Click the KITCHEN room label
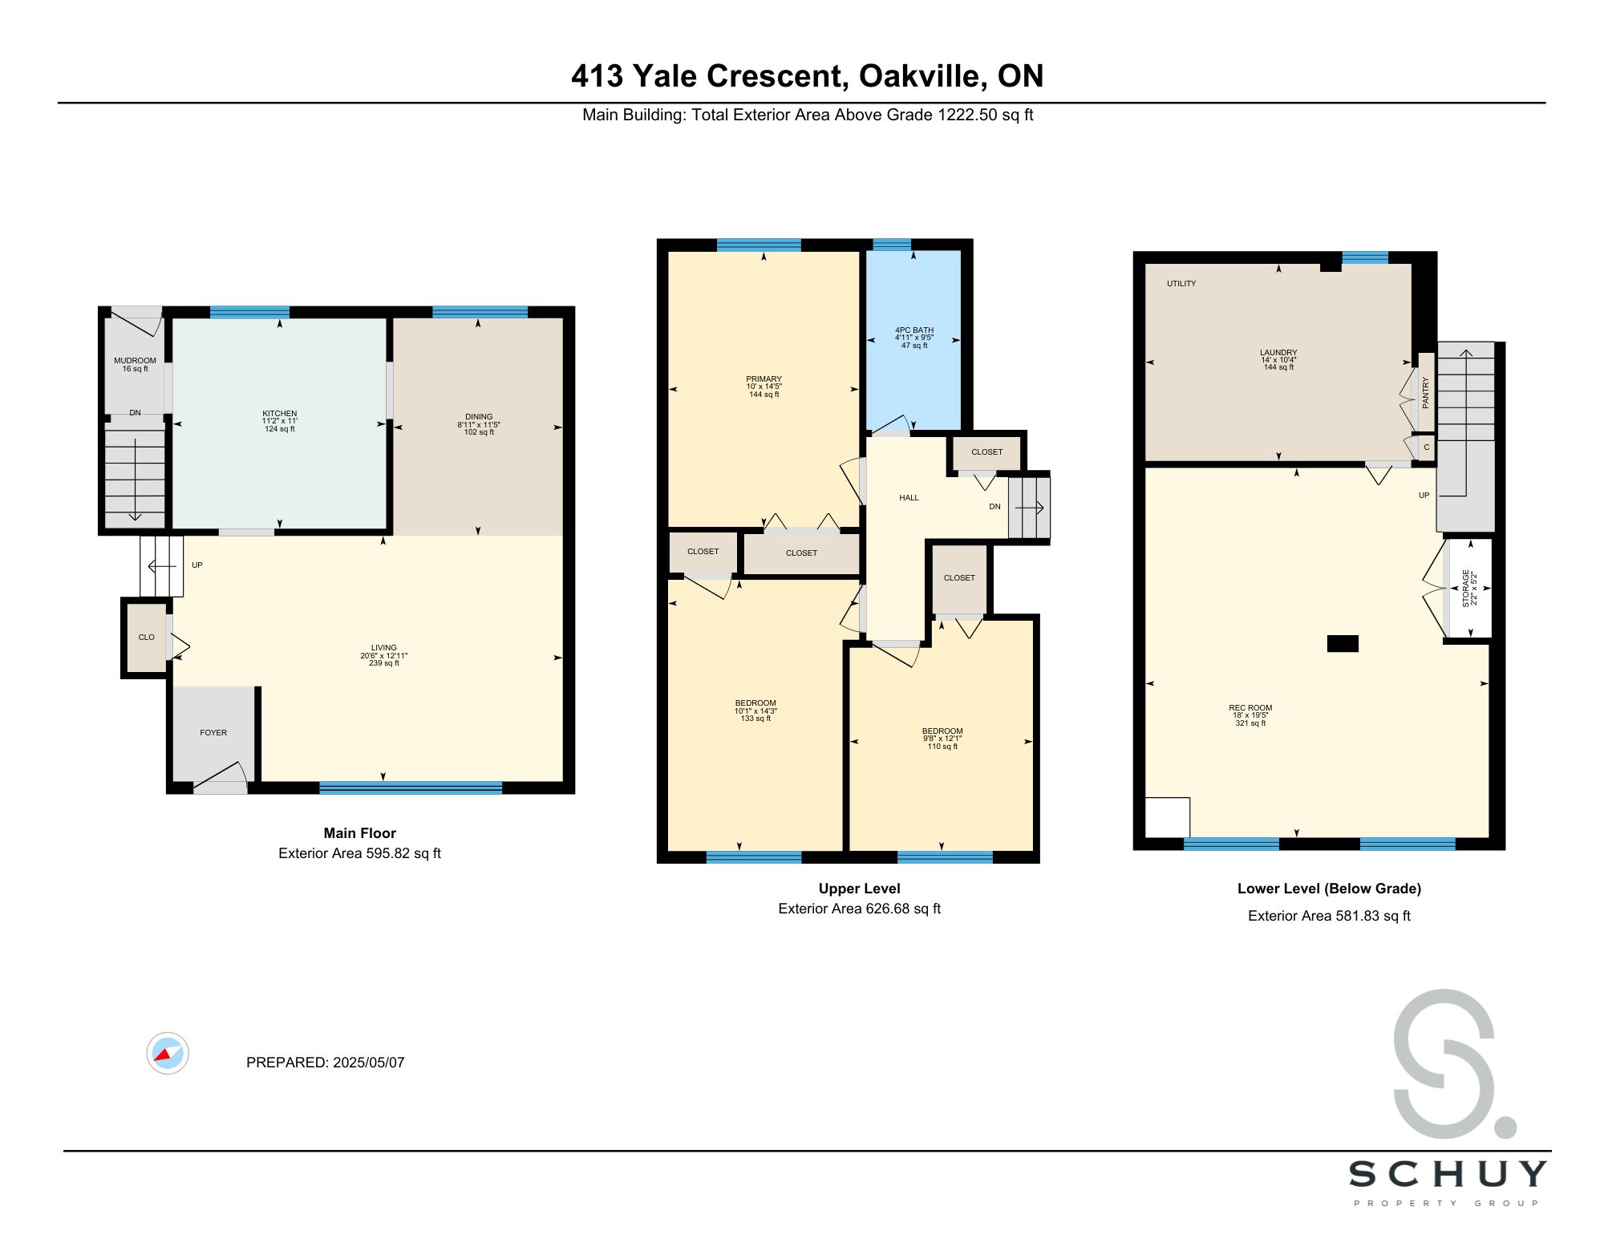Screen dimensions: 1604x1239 coord(280,414)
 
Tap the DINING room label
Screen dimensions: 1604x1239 coord(479,417)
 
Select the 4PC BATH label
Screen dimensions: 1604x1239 coord(914,330)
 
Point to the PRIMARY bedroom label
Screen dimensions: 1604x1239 coord(764,379)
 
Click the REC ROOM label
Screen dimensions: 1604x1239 coord(1250,708)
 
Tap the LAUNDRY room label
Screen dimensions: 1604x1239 coord(1278,353)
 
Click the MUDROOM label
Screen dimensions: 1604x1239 coord(135,361)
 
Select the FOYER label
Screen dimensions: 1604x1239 coord(213,733)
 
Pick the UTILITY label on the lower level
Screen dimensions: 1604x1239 coord(1181,284)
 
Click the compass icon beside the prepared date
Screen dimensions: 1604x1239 coord(168,1053)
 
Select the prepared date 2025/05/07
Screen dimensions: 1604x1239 coord(369,1063)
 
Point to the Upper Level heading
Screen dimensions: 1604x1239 coord(860,889)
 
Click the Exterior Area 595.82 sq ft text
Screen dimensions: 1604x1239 coord(360,853)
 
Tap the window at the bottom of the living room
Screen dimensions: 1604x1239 coord(411,788)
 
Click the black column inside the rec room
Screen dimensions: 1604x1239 coord(1343,643)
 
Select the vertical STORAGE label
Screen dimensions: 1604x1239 coord(1465,588)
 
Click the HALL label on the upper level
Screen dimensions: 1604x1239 coord(909,498)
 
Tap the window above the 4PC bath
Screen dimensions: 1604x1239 coord(892,245)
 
